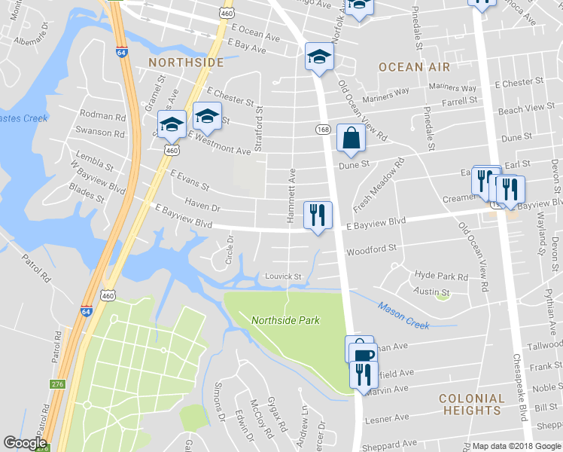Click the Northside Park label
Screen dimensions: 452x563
coord(285,320)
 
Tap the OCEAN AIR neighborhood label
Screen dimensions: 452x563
coord(411,67)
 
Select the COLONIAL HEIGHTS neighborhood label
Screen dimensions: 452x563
coord(471,404)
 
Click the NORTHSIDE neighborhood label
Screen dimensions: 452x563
coord(186,62)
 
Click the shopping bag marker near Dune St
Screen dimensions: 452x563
coord(351,139)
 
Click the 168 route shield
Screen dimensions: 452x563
coord(323,130)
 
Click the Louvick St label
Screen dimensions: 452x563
coord(283,276)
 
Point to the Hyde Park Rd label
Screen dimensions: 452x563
coord(441,276)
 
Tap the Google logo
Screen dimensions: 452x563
coord(26,444)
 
